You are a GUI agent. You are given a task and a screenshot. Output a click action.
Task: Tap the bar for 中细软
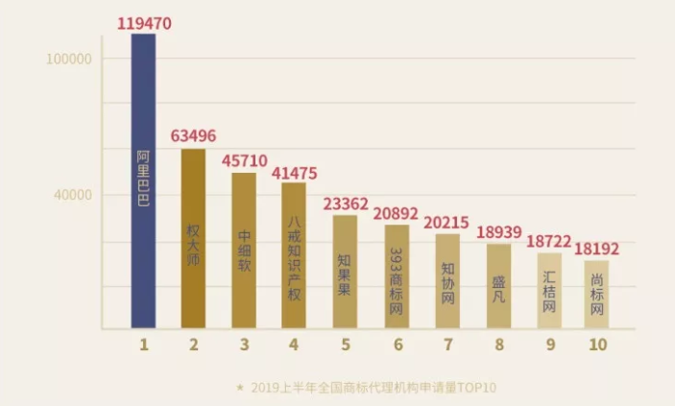[244, 251]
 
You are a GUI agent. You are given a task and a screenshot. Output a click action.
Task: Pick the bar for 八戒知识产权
[294, 255]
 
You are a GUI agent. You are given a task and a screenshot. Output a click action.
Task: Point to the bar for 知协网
[447, 280]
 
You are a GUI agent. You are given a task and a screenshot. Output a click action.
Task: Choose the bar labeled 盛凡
[498, 286]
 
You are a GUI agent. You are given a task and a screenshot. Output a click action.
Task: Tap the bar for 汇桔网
[549, 291]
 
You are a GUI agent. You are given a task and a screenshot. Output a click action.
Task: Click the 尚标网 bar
[597, 294]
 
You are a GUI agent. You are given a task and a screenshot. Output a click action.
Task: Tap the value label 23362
[347, 203]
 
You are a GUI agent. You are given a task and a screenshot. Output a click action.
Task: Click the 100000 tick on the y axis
[68, 59]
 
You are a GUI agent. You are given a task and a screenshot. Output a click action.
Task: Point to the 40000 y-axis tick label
[72, 195]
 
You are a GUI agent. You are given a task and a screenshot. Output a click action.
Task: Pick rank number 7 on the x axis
[447, 344]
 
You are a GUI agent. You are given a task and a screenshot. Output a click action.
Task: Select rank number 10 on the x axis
[597, 344]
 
